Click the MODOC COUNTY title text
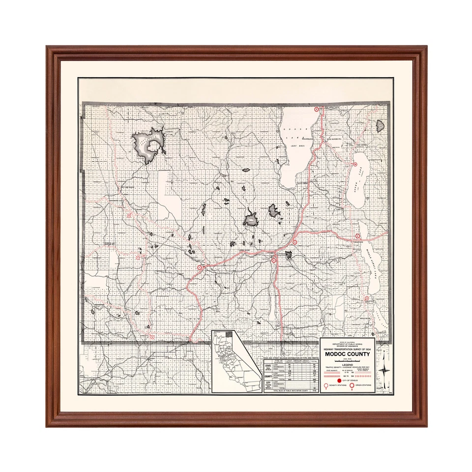click(348, 354)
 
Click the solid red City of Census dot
click(339, 381)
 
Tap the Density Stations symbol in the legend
click(326, 385)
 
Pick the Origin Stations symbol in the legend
click(352, 385)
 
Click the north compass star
click(384, 370)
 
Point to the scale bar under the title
click(348, 361)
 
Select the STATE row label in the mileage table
click(268, 366)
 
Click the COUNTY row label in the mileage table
click(268, 377)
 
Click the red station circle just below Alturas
click(274, 261)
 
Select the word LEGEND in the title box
click(348, 365)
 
